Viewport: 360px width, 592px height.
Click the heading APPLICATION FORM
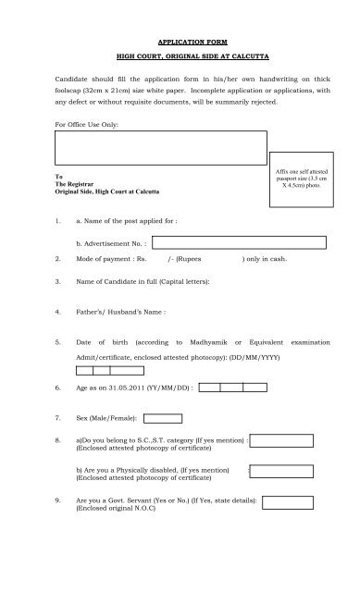pos(179,42)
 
